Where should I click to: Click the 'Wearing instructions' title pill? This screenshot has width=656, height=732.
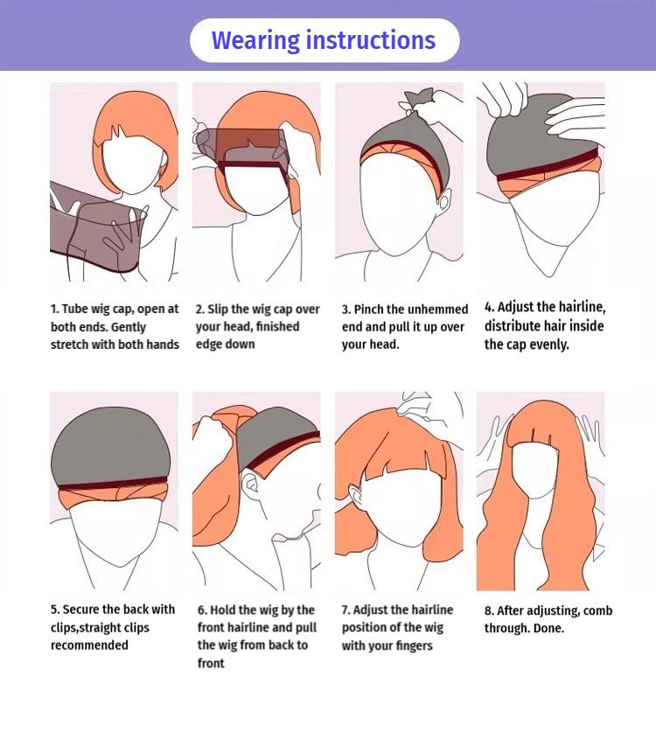pyautogui.click(x=324, y=40)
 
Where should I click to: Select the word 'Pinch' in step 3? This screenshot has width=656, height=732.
pyautogui.click(x=369, y=309)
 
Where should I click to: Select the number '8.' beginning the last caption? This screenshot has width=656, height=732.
pyautogui.click(x=490, y=610)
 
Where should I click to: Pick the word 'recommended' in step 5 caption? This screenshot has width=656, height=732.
pyautogui.click(x=89, y=645)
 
